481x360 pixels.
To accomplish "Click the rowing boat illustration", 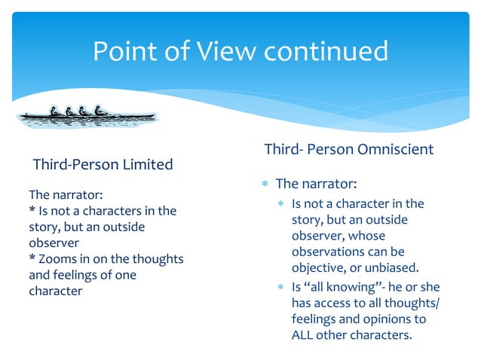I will click(x=87, y=114).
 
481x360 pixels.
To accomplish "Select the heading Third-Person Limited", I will click(x=103, y=164).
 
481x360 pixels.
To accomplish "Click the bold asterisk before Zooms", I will click(x=32, y=258).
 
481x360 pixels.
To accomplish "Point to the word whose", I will click(x=367, y=236).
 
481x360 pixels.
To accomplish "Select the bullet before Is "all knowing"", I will click(x=280, y=287).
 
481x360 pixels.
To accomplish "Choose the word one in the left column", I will click(x=125, y=275).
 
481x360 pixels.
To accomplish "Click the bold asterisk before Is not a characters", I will click(x=32, y=210).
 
